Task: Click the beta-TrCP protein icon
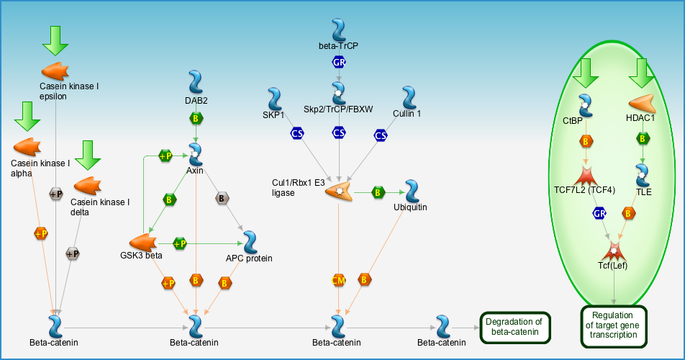(339, 30)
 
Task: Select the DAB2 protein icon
(196, 81)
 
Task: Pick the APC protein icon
(250, 242)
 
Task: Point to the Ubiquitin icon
(411, 192)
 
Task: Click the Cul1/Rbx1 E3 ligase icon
(338, 192)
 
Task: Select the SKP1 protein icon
(273, 99)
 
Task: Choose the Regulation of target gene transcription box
(613, 325)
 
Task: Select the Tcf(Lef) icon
(614, 252)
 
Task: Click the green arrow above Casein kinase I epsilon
(55, 40)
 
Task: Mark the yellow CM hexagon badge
(339, 280)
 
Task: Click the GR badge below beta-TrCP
(339, 62)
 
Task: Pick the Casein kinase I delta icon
(89, 186)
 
